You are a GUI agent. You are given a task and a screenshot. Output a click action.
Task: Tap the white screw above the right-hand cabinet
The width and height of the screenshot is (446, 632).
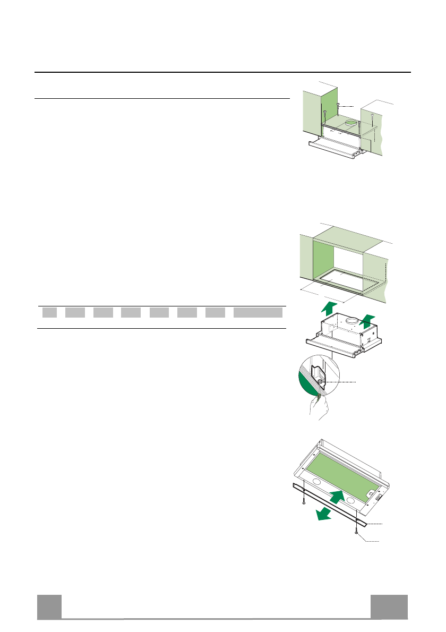coord(373,115)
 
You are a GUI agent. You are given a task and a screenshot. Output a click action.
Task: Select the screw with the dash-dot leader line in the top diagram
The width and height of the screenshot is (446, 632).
coord(338,107)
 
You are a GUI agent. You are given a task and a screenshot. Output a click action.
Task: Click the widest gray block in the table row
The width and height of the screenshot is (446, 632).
coord(258,312)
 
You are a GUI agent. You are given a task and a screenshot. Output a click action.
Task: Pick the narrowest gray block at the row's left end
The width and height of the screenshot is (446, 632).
coord(49,312)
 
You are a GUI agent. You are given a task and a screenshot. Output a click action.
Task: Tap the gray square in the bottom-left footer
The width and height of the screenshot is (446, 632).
coord(49,607)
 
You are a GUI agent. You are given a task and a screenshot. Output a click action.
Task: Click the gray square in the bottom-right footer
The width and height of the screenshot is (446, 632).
coord(389,607)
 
